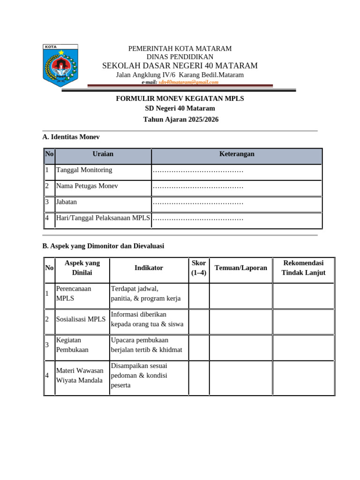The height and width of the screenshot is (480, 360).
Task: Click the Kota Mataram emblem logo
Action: tap(60, 66)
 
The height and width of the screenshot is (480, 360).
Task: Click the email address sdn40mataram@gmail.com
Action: tap(188, 82)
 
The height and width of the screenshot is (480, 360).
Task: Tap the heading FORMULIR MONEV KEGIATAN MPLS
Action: tap(180, 98)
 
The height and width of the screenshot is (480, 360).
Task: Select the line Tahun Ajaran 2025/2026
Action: tap(180, 120)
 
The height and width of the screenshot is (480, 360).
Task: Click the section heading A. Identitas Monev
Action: tap(71, 137)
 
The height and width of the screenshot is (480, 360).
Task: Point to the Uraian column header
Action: tap(103, 154)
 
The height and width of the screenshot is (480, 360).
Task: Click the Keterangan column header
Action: tap(237, 154)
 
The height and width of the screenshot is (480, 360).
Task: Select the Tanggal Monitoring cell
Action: tap(84, 170)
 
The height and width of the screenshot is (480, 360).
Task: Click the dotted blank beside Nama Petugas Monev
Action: tap(198, 187)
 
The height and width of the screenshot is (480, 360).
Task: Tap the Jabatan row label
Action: tap(67, 202)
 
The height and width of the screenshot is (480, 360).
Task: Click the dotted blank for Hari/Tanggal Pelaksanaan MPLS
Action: tap(198, 218)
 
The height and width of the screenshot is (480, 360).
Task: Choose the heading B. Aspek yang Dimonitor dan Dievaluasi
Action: tap(103, 246)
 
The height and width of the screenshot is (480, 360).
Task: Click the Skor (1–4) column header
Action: tap(199, 268)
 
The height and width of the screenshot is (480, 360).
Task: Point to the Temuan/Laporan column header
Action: tap(241, 268)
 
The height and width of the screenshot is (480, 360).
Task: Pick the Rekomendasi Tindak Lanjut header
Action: tap(303, 268)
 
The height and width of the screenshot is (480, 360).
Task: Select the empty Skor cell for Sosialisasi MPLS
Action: tap(199, 319)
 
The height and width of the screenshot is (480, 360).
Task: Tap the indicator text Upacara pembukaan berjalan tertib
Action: tap(146, 345)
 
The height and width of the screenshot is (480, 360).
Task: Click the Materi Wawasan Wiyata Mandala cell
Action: tap(79, 375)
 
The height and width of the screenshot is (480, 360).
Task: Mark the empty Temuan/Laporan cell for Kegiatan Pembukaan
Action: tap(241, 345)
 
